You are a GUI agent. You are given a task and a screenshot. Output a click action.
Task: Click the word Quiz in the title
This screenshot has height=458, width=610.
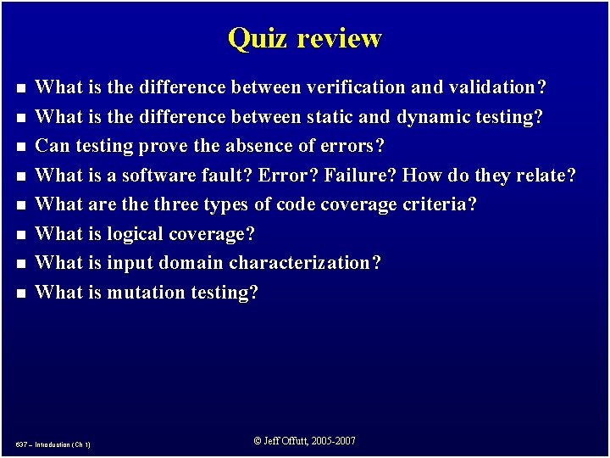[x=252, y=38]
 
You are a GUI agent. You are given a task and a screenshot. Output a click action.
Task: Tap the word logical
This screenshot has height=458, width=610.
[x=136, y=234]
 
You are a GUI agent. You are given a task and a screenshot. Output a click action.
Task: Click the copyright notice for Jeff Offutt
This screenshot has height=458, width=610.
[x=305, y=441]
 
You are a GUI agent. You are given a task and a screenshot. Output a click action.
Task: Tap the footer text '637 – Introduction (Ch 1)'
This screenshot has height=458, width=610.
[x=53, y=444]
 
